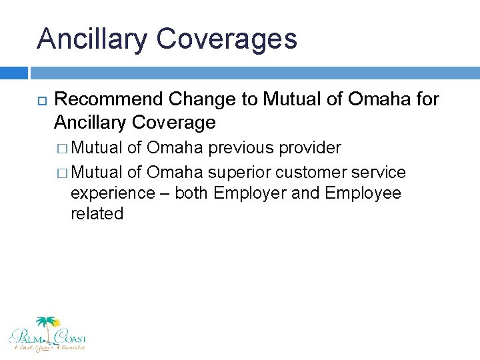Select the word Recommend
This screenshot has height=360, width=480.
pyautogui.click(x=109, y=99)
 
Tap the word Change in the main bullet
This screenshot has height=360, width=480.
pyautogui.click(x=203, y=99)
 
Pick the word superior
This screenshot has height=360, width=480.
pyautogui.click(x=239, y=172)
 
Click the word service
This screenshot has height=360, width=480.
pyautogui.click(x=381, y=172)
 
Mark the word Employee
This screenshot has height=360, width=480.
pyautogui.click(x=363, y=193)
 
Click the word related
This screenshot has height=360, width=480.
pyautogui.click(x=97, y=214)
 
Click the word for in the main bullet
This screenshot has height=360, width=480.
pyautogui.click(x=425, y=99)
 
